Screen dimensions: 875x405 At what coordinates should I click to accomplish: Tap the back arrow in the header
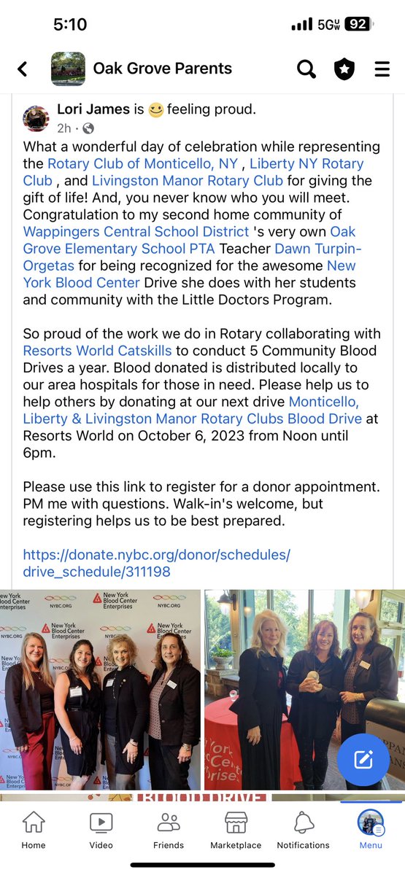click(23, 69)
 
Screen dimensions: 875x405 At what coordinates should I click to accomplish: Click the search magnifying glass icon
click(306, 69)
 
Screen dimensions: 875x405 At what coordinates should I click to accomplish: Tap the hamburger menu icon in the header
click(382, 69)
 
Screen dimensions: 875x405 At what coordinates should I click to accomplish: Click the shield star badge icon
click(344, 69)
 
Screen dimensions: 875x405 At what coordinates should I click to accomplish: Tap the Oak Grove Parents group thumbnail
click(68, 69)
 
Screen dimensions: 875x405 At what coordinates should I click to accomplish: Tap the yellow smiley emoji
click(156, 110)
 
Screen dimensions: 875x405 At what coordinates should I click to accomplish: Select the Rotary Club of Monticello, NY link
click(142, 163)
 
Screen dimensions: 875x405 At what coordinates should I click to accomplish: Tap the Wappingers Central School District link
click(136, 231)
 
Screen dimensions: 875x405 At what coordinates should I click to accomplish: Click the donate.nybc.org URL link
click(156, 563)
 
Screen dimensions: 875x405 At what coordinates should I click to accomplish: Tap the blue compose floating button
click(363, 759)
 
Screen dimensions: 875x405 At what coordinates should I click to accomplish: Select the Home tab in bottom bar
click(34, 830)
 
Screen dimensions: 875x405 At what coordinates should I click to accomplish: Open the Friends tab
click(169, 830)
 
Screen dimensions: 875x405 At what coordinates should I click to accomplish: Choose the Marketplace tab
click(236, 830)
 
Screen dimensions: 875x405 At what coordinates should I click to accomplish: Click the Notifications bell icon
click(303, 830)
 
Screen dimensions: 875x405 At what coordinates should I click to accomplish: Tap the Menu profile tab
click(371, 830)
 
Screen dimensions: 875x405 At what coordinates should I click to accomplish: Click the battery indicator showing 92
click(357, 24)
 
